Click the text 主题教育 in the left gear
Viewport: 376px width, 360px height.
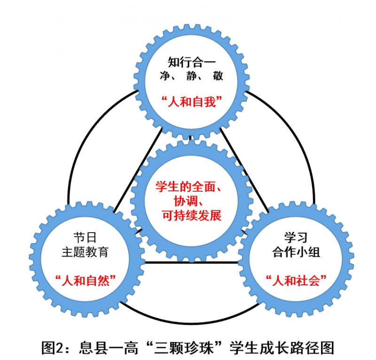pyautogui.click(x=85, y=251)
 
